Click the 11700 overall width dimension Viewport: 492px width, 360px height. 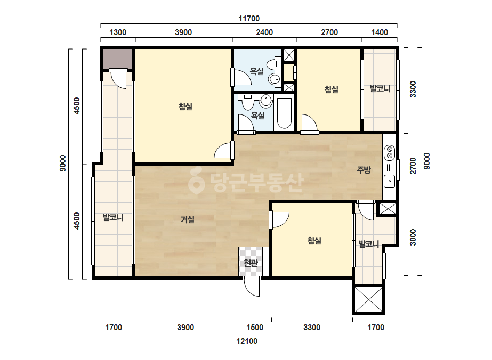pos(249,19)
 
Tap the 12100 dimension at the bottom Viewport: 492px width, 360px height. pos(247,341)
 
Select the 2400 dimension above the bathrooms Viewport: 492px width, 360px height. pos(264,32)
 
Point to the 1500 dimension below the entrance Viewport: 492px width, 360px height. pos(254,328)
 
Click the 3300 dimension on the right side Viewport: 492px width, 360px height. pos(413,89)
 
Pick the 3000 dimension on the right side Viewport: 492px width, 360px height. pos(413,238)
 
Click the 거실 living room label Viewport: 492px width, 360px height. pos(187,219)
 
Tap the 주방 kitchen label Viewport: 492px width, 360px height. pos(364,170)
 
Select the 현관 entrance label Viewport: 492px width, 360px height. pos(251,263)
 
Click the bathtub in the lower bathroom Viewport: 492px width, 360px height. pos(284,113)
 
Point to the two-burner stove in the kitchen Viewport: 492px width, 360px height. pos(390,152)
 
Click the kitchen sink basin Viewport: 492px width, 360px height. pos(390,181)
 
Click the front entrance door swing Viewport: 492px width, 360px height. pos(252,287)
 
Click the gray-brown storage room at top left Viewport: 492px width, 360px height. pos(118,59)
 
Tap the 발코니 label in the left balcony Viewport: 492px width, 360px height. pos(113,217)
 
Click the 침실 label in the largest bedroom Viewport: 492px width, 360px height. pos(185,107)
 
